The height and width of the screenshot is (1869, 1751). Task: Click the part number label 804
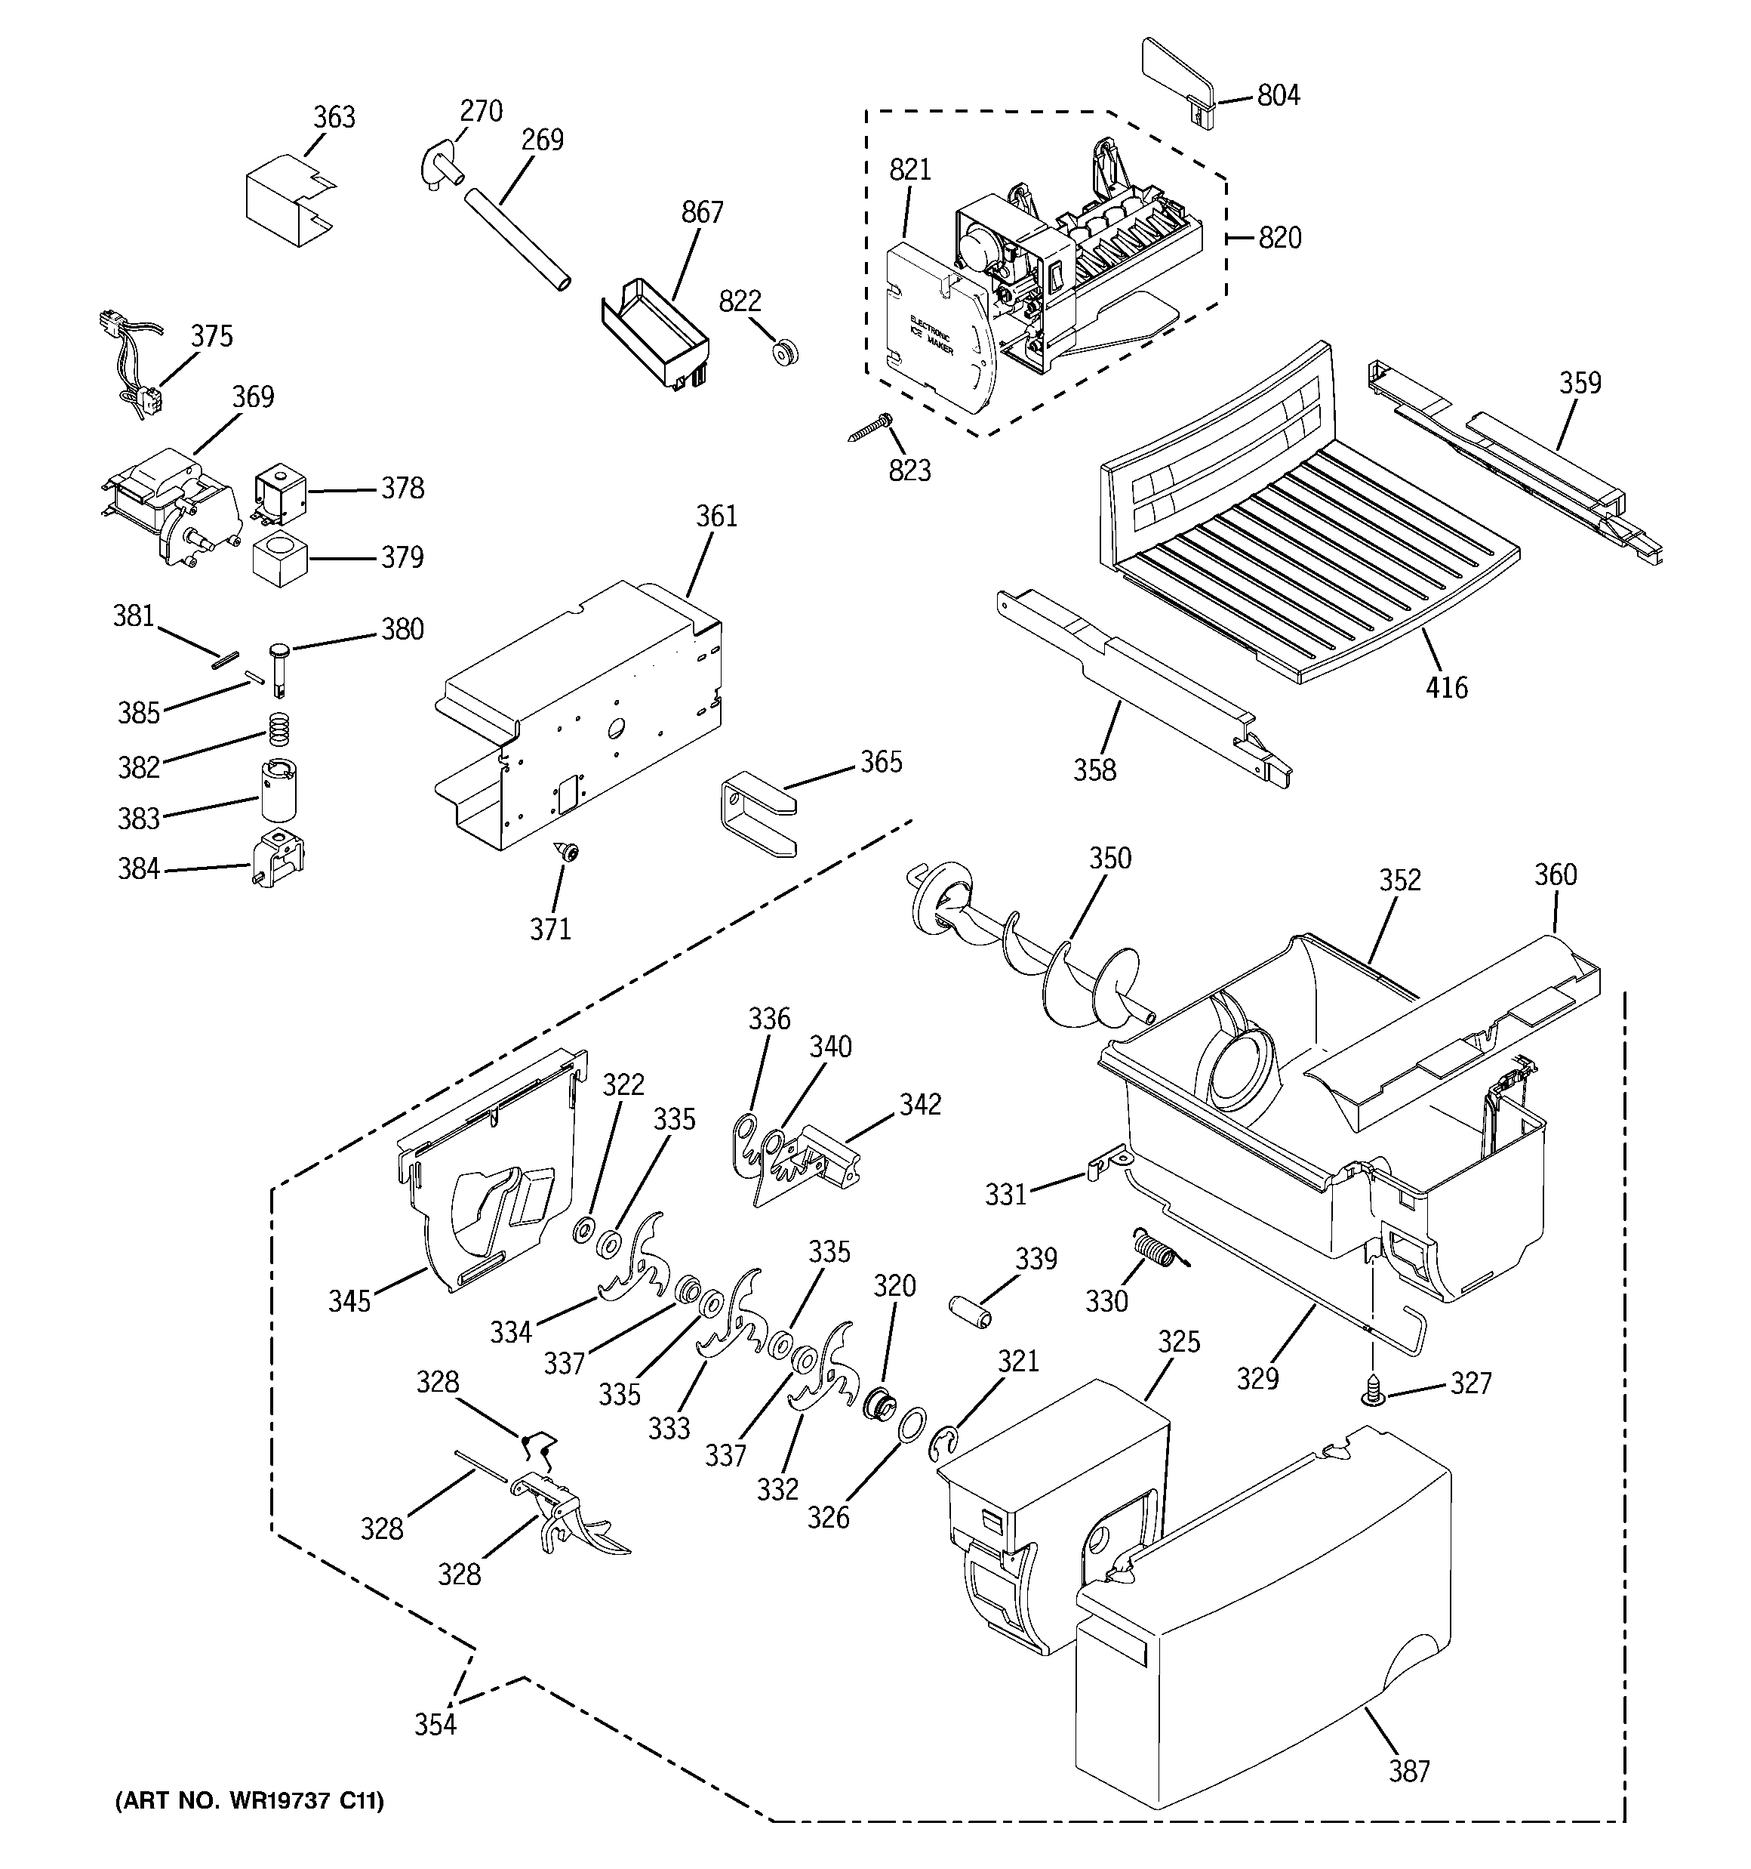coord(1279,96)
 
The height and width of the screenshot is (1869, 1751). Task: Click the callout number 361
coord(716,516)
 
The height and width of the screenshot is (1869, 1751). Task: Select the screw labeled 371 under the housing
coord(568,852)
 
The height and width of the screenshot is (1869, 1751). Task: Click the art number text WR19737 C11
coord(249,1801)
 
